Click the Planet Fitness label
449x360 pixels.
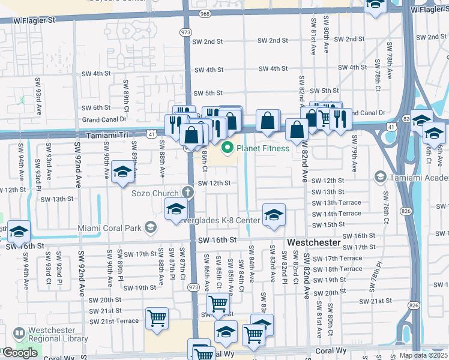(x=263, y=148)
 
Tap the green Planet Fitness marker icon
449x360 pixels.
(x=228, y=148)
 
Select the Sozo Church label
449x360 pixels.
(x=155, y=193)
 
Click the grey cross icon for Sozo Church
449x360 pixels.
(x=188, y=193)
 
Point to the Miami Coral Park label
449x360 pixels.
(x=110, y=228)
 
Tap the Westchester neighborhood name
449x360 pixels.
(x=314, y=242)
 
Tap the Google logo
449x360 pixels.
(x=20, y=353)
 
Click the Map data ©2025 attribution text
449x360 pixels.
(x=424, y=355)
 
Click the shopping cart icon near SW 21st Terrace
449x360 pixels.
(x=157, y=319)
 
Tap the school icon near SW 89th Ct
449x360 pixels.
(x=122, y=172)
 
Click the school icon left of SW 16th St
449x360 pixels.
(x=19, y=231)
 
